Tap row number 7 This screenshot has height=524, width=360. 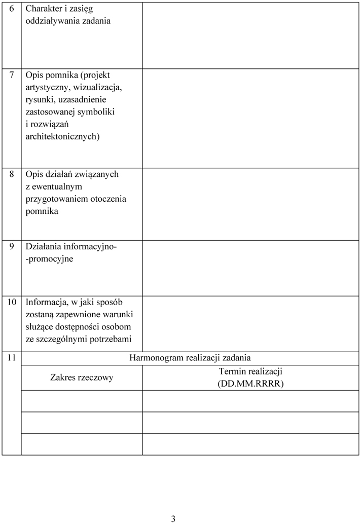pyautogui.click(x=12, y=75)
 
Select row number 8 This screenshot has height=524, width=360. pyautogui.click(x=12, y=174)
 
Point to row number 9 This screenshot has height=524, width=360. pyautogui.click(x=12, y=247)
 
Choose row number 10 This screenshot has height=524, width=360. pyautogui.click(x=12, y=303)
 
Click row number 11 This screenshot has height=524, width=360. pyautogui.click(x=12, y=357)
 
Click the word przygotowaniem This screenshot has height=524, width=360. pyautogui.click(x=56, y=199)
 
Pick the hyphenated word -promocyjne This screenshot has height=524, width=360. pyautogui.click(x=49, y=259)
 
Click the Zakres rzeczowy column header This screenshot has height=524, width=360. pyautogui.click(x=82, y=378)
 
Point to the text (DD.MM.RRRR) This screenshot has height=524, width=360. pyautogui.click(x=250, y=384)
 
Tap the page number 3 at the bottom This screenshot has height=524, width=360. pyautogui.click(x=173, y=518)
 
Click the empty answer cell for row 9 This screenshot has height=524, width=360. pyautogui.click(x=250, y=268)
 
